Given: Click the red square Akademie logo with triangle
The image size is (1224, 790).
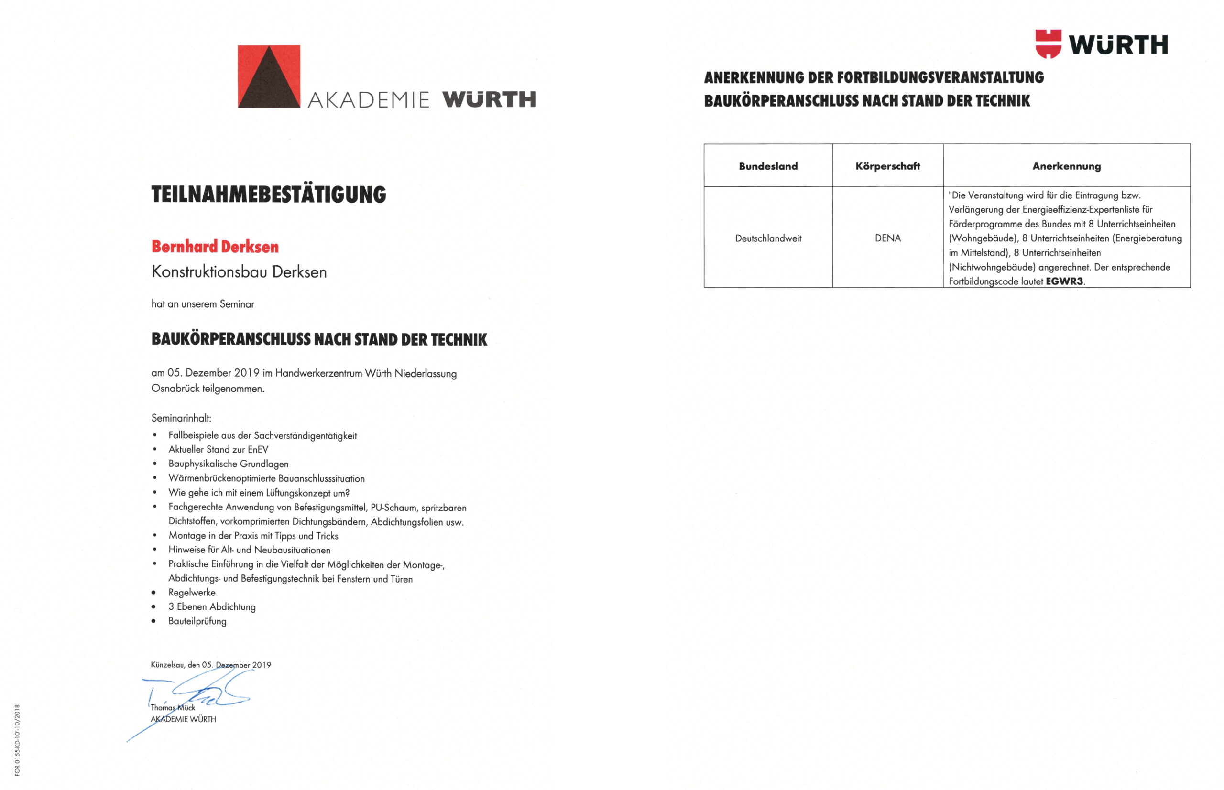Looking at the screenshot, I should click(x=268, y=76).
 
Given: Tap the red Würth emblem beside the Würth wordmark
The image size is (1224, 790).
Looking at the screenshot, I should click(x=1048, y=43).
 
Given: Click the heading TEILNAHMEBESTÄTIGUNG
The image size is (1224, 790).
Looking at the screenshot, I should click(x=268, y=195).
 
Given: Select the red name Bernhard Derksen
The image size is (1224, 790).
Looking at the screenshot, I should click(x=215, y=247).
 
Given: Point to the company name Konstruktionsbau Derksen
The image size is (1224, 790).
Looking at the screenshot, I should click(x=239, y=272).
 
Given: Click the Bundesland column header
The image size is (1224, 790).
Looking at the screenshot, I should click(x=768, y=166).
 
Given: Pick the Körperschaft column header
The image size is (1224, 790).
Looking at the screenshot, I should click(x=887, y=166).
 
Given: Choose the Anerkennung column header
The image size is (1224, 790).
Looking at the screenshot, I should click(x=1066, y=166).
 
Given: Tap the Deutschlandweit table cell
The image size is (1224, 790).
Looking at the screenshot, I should click(x=768, y=238).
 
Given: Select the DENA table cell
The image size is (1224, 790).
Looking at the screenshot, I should click(x=887, y=238).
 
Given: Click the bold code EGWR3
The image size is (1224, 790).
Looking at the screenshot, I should click(x=1064, y=281).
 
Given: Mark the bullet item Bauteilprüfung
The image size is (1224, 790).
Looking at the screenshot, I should click(x=197, y=621).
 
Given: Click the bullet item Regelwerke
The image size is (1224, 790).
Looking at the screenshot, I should click(x=192, y=593).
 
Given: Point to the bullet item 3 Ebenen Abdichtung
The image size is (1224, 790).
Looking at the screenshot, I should click(x=212, y=607).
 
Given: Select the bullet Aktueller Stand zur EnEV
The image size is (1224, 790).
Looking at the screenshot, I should click(x=218, y=449).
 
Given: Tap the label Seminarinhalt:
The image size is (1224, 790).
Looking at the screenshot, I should click(x=181, y=418).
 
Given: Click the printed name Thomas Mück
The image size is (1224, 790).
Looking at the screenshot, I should click(x=173, y=708).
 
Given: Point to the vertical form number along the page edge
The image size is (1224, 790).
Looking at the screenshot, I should click(x=17, y=740).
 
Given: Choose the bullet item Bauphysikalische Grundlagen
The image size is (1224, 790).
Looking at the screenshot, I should click(x=229, y=464).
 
